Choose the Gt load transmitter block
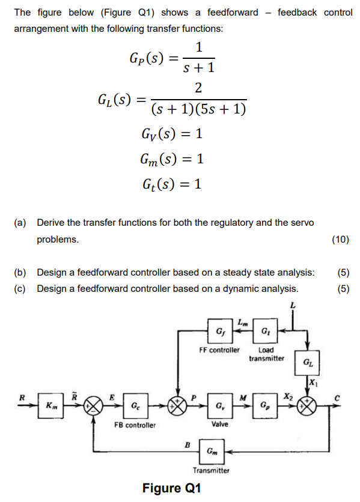pos(266,330)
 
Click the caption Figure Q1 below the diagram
pos(172,488)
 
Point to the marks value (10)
pos(341,240)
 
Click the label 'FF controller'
pos(219,350)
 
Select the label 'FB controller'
pos(135,425)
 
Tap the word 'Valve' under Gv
pos(219,425)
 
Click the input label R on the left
pos(22,397)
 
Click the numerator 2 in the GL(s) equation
pos(198,88)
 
